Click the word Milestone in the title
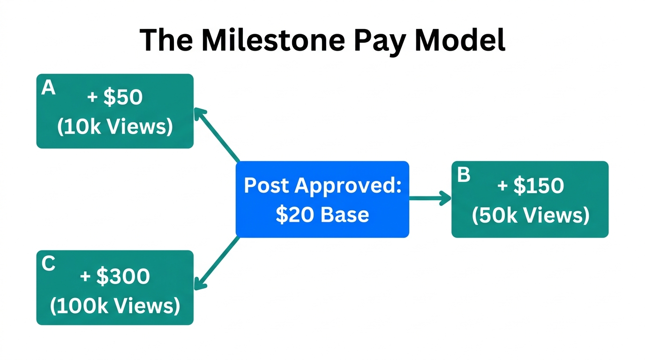point(274,40)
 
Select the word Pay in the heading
point(380,41)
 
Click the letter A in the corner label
point(48,88)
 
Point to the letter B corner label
point(463,175)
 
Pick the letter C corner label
point(48,264)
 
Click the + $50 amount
point(115,97)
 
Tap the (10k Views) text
point(115,127)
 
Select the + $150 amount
point(530,186)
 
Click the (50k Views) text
point(530,215)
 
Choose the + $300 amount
point(115,276)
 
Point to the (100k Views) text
point(115,306)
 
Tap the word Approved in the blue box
point(348,186)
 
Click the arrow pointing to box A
point(217,135)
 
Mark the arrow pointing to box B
point(429,199)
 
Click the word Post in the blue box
point(267,186)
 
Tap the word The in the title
point(165,40)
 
